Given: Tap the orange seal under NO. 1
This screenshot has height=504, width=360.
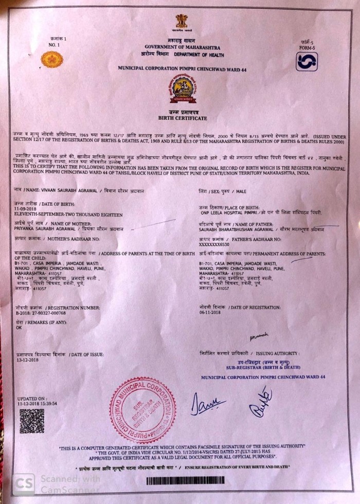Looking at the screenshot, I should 51,59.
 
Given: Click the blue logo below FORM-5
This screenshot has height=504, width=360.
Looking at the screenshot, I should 306,61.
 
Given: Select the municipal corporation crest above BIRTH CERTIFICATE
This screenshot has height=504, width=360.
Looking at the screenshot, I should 183,88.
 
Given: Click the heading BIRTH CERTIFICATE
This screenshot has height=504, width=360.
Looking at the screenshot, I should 183,117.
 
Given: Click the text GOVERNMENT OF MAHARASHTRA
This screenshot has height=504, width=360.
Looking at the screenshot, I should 182,47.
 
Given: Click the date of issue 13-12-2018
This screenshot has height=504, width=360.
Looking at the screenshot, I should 27,359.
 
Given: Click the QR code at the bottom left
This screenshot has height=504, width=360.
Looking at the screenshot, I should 31,420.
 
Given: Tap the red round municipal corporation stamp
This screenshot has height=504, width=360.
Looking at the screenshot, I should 143,409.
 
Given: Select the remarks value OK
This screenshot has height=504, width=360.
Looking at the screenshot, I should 19,327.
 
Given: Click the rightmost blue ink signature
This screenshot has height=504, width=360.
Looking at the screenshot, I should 261,401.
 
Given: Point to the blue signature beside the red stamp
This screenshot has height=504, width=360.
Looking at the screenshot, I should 207,403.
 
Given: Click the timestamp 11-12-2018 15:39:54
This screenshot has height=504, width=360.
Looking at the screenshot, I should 37,404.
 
